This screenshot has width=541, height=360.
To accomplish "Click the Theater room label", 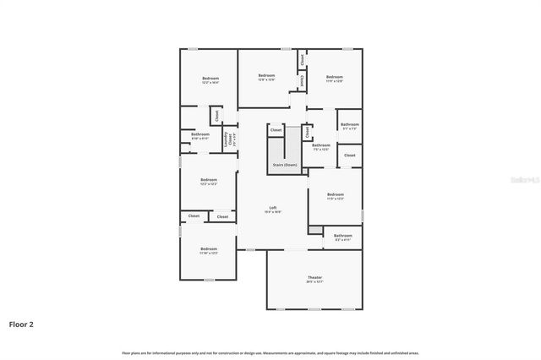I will point(314,277).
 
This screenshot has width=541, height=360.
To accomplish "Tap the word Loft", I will point(273,208).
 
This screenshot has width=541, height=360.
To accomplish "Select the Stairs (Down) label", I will point(285,164).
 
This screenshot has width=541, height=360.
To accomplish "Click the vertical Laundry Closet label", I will point(226,139).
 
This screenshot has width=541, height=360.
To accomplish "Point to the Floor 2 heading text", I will point(22,324).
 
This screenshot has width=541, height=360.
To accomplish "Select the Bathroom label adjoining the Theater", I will point(342,236).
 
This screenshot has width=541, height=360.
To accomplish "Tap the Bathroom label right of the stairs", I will point(320,145).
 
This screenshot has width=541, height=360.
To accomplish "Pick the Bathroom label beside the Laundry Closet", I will point(200,134).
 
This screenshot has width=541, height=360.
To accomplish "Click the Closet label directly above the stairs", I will point(276,130).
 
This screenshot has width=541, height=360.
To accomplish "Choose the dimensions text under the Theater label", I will point(314,282).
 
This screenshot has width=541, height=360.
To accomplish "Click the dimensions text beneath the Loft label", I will point(273,212).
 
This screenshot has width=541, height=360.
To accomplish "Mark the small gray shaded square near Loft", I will point(315,229).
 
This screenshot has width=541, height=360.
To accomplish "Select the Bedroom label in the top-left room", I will point(210,79).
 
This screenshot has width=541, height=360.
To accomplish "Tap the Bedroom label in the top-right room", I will point(335,76).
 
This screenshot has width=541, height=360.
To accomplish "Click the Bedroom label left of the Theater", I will point(209,248).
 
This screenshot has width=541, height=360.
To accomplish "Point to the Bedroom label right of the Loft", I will point(336,194).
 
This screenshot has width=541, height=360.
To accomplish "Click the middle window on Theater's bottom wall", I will point(314,309).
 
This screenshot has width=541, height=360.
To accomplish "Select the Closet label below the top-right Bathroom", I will point(349,155).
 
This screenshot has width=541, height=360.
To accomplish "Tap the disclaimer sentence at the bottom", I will point(270,352).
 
